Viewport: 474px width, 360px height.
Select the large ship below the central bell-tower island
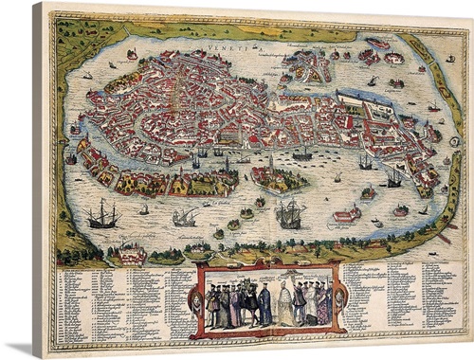288,213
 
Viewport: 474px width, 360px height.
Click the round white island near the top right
392,59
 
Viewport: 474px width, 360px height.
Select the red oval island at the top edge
377,44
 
